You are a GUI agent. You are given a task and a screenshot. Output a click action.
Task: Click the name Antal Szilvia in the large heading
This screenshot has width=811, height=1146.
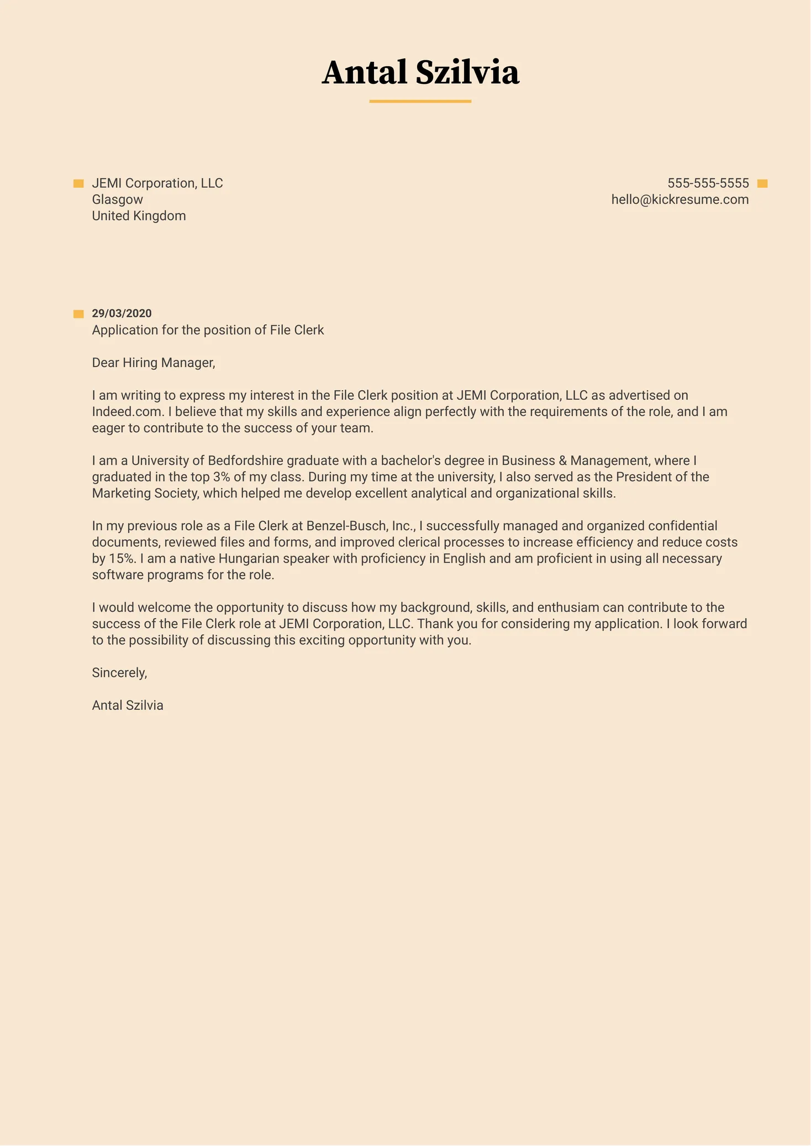coord(420,73)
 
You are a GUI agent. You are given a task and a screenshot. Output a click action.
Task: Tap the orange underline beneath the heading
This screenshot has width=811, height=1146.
coord(420,102)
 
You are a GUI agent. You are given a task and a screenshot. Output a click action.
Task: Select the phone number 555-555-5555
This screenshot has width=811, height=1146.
coord(708,183)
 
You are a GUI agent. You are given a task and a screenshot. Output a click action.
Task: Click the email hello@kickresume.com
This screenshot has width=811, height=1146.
coord(680,200)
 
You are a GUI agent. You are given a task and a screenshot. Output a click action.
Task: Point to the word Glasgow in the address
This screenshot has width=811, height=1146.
coord(117,200)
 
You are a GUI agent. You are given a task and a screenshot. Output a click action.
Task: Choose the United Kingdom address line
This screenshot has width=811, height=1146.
coord(139,216)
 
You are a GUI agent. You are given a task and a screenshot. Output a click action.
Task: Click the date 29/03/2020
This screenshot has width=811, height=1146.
coord(122,314)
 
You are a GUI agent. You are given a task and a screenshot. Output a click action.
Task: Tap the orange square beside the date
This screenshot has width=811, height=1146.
coord(78,314)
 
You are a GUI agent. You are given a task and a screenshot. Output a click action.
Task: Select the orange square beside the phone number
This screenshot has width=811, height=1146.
coord(762,184)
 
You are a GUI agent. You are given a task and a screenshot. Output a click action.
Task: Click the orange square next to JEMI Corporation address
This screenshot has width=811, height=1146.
coord(78,184)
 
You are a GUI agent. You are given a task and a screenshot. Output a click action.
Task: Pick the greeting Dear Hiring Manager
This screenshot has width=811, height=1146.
coord(153,363)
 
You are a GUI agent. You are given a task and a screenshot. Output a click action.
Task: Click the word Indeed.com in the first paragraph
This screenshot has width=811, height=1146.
coord(127,412)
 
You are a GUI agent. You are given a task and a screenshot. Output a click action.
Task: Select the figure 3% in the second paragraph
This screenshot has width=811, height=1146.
coord(221,477)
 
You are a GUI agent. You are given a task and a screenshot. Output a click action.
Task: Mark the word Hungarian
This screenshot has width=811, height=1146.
coord(249,559)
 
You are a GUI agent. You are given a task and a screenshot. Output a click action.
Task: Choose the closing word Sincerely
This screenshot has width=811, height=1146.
coord(119,673)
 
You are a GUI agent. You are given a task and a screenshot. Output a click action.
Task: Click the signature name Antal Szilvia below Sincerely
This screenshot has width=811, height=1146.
coord(128,705)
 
